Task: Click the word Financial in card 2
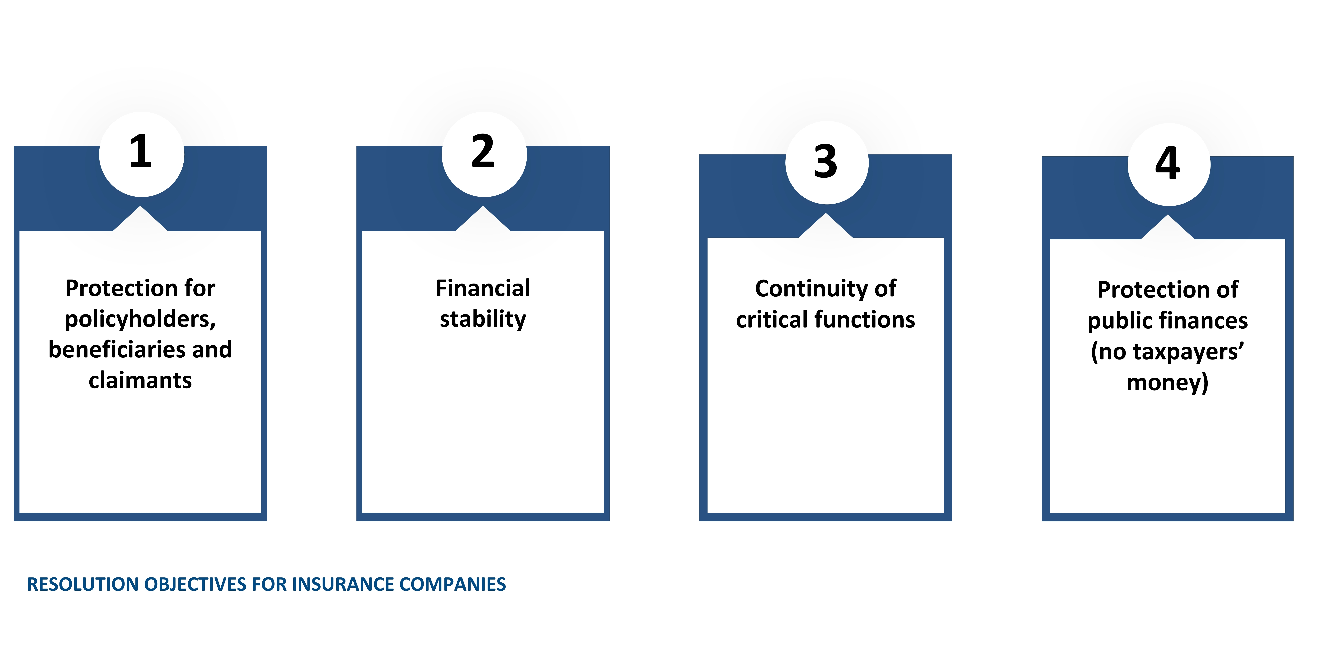(483, 288)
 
